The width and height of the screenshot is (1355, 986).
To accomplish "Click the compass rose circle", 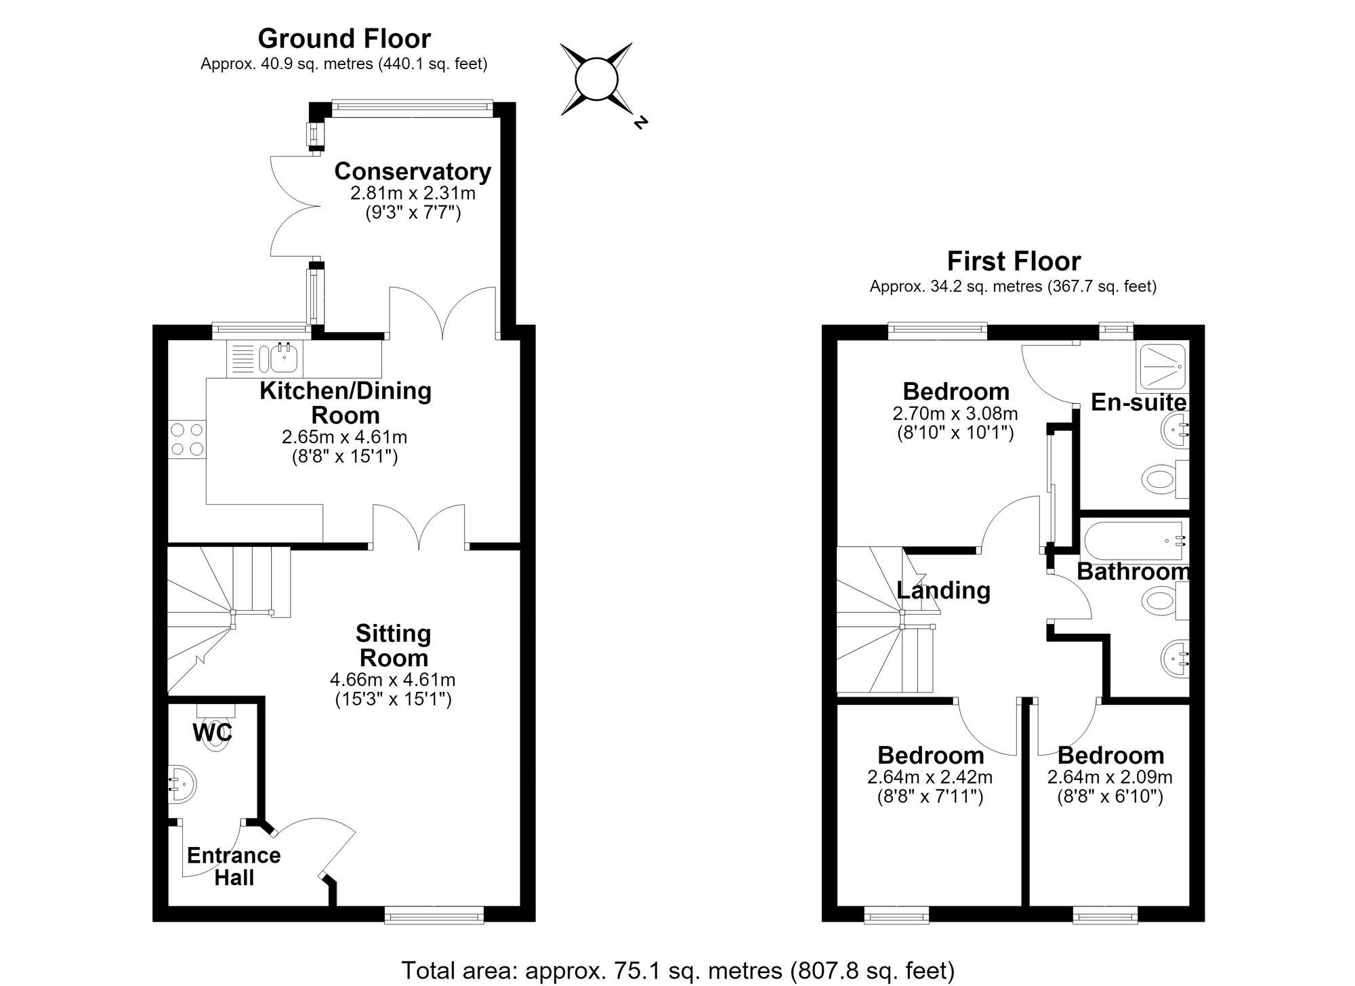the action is pos(596,79).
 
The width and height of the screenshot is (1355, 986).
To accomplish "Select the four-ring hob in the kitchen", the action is pos(187,438).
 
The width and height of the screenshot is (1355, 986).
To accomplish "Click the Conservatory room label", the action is pos(413,171).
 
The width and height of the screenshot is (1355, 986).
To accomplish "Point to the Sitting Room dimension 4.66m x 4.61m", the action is pos(393,679).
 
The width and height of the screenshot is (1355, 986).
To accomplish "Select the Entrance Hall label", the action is pos(234,867).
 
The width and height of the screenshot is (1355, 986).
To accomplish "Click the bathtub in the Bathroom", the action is pos(1136,541).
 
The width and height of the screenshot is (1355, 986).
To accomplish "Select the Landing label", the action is pos(943,590).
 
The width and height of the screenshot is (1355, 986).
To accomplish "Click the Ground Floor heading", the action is pos(344,39).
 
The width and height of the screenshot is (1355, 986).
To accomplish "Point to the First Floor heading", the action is pos(1014,261).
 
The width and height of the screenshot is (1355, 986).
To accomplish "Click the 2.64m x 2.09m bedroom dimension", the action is pos(1110,777).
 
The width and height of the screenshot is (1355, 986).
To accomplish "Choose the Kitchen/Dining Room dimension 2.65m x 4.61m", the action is pos(345,437).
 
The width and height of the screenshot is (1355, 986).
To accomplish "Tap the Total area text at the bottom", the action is pos(677,970).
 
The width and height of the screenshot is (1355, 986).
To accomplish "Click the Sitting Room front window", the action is pos(434,917).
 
